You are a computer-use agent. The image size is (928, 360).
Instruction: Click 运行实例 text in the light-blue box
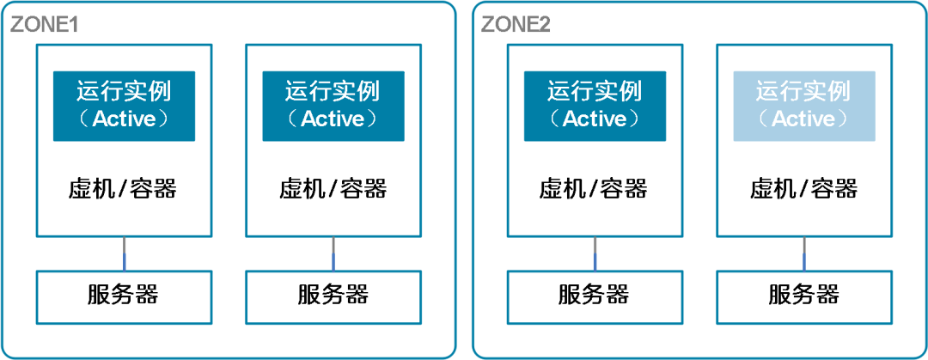(803, 93)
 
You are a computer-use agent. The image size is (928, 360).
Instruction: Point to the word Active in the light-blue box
(803, 119)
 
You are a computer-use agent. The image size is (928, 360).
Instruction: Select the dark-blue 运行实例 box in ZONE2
(595, 106)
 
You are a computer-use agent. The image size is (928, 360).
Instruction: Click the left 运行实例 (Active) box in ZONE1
(125, 106)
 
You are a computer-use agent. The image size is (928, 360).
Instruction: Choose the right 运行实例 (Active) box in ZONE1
(333, 106)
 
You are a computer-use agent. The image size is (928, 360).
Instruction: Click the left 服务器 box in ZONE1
(125, 297)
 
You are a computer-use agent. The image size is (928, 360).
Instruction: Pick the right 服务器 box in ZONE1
(333, 297)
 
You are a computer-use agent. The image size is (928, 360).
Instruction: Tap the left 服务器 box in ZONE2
(595, 297)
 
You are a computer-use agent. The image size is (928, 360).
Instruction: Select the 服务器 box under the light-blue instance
(803, 297)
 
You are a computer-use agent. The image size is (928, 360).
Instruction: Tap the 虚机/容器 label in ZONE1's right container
(333, 190)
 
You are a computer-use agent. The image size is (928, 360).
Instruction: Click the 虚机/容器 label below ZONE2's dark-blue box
(594, 190)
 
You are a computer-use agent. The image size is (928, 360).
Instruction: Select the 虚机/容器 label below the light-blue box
(803, 190)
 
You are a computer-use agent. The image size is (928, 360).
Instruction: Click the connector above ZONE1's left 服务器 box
(125, 254)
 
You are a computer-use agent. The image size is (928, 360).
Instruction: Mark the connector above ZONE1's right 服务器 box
(333, 254)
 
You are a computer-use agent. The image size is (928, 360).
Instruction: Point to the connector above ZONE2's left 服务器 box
(595, 254)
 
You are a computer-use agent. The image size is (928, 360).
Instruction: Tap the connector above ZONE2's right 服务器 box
(803, 254)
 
